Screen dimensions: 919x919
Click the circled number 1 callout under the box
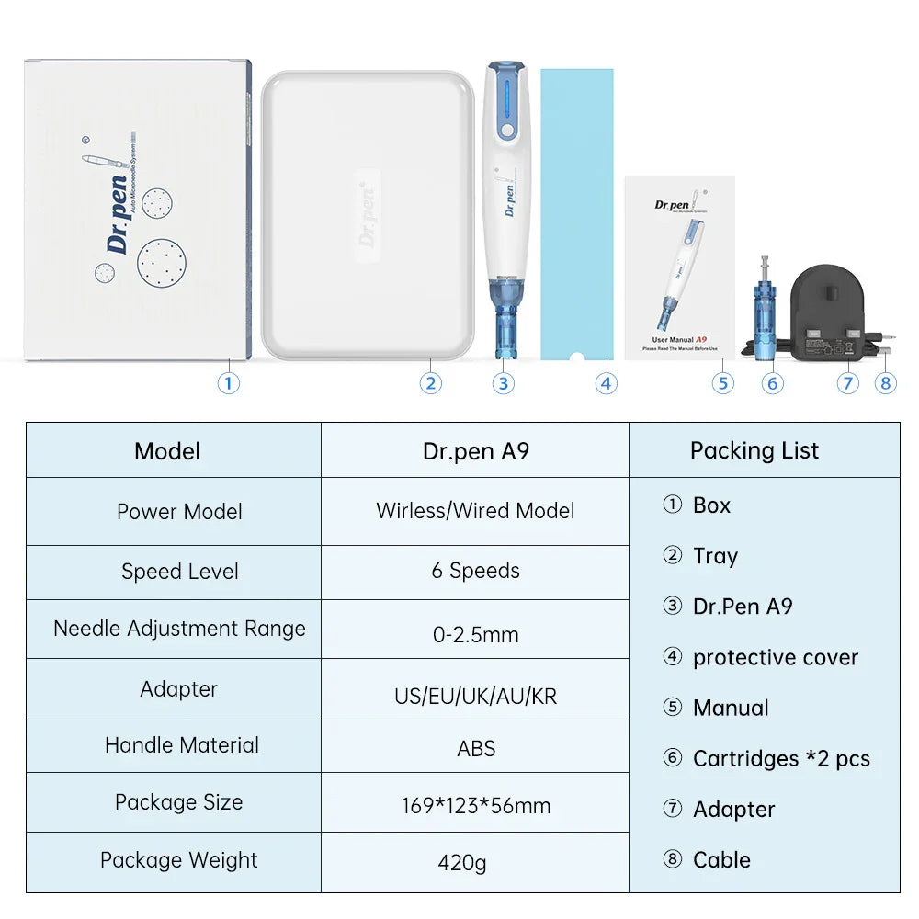228,382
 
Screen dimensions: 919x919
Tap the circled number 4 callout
605,382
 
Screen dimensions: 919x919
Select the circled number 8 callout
885,382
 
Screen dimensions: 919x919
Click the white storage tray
367,214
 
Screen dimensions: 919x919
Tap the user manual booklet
679,267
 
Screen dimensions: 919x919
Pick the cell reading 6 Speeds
475,571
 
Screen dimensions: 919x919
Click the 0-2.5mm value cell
475,634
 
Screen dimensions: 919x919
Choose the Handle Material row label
181,745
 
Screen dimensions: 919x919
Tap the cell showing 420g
475,863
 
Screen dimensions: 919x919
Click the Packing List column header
754,450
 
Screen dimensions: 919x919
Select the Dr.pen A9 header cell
475,451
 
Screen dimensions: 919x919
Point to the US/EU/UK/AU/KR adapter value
475,696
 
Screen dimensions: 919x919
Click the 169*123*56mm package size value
475,806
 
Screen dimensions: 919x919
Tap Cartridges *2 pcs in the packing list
780,759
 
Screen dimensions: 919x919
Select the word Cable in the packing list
721,860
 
